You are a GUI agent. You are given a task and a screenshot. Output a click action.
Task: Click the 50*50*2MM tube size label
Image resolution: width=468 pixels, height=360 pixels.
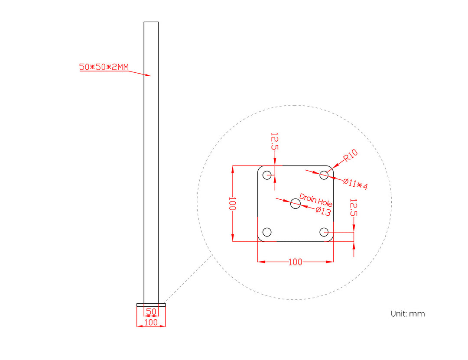104,67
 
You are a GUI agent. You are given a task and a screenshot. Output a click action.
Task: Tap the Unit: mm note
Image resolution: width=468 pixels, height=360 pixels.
407,314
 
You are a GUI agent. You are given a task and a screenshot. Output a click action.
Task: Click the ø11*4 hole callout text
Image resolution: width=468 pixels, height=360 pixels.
355,184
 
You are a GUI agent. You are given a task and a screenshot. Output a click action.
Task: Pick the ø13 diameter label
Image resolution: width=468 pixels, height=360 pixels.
323,211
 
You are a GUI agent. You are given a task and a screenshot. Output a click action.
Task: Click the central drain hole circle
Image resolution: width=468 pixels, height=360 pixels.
296,203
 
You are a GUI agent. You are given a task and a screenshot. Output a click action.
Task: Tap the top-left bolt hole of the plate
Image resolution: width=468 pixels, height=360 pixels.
267,175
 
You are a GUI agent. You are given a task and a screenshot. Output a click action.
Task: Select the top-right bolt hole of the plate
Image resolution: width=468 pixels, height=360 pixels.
324,175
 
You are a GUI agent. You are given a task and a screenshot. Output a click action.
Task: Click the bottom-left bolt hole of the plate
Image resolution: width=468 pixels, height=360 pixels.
267,232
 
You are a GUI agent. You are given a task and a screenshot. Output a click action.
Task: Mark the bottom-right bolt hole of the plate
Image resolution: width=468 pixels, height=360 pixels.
324,232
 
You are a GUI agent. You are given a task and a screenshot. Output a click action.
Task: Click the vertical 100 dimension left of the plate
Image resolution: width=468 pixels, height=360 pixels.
233,204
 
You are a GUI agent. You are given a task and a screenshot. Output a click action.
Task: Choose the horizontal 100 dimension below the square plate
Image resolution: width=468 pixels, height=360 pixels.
295,262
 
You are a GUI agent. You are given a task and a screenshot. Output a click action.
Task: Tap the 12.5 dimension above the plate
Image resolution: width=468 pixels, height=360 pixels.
274,141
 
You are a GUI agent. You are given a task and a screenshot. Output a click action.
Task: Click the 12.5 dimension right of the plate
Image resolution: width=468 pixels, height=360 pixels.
353,207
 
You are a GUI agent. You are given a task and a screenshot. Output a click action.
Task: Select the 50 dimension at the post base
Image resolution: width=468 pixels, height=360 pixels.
151,311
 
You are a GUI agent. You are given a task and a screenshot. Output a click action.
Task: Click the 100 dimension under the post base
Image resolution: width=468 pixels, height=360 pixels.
151,322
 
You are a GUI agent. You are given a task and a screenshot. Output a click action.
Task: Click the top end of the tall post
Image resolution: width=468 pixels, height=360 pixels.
151,23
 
